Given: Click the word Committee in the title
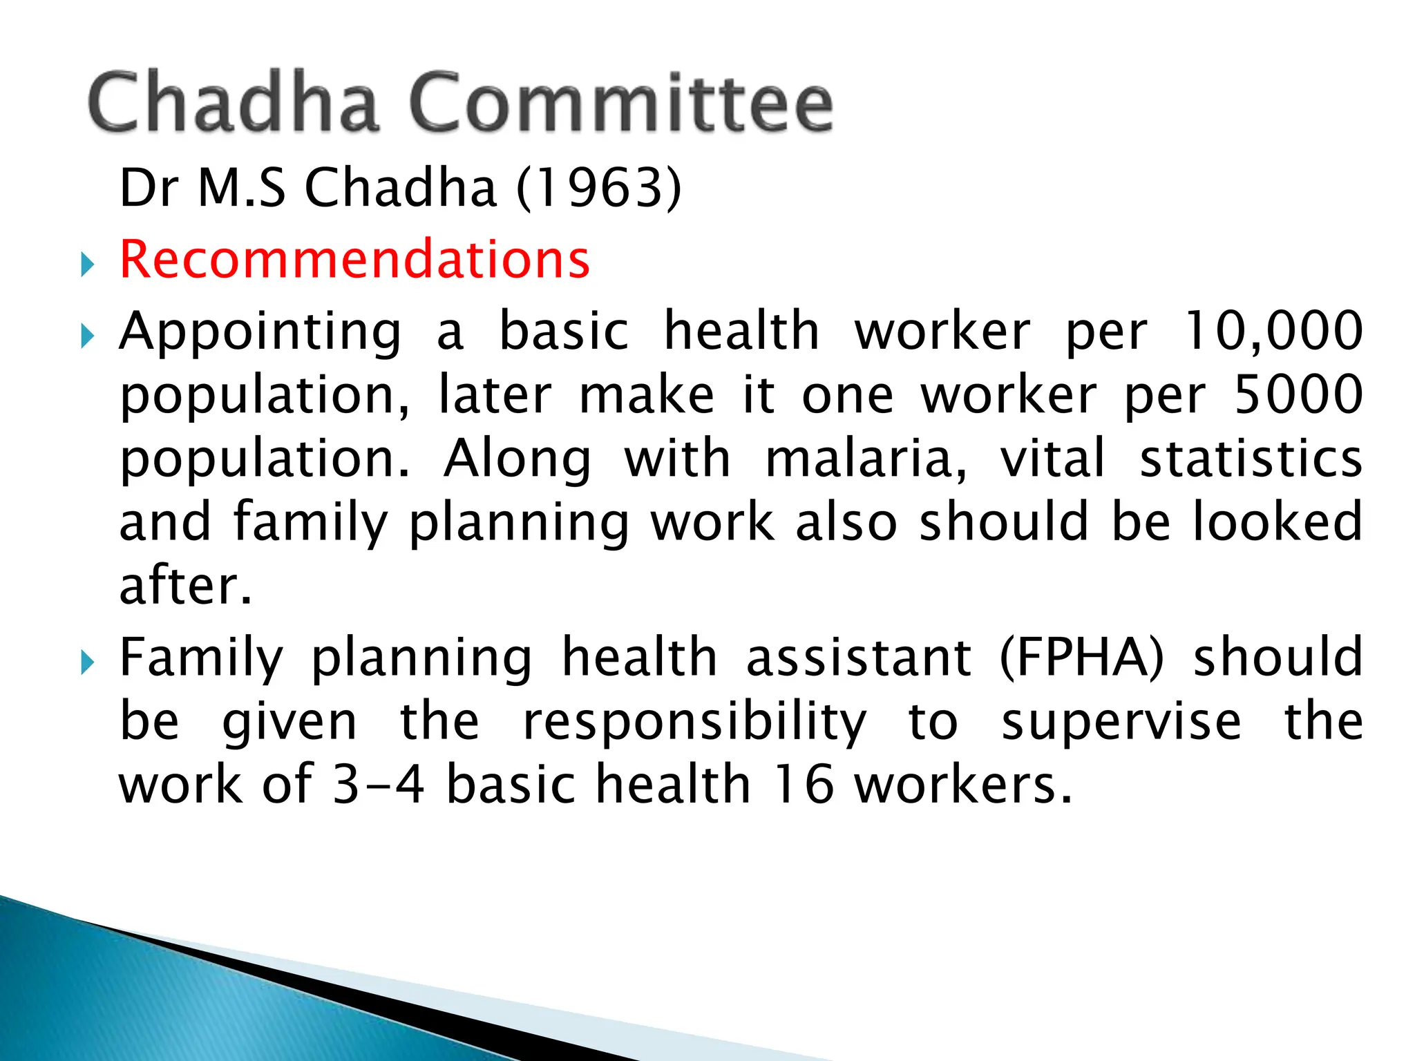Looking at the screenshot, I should pos(620,104).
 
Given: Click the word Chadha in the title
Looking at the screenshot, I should pos(234,104).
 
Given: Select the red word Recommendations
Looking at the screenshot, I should pos(354,259).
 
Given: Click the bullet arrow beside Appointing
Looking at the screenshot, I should pos(86,336).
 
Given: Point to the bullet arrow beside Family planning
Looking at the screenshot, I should pos(86,663).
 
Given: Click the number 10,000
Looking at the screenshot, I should pos(1273,331).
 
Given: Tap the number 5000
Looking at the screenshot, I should pos(1298,394).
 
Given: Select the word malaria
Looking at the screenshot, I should pos(866,458).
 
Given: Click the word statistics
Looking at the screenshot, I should pos(1251,458).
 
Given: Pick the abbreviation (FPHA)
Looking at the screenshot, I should pos(1082,657).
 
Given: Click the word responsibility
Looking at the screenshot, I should pos(694,722).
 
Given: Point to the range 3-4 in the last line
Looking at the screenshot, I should pos(378,784).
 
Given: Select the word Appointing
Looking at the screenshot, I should pos(260,332).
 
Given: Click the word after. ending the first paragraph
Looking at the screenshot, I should pos(185,585).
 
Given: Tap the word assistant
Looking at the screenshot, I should pos(859,657).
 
